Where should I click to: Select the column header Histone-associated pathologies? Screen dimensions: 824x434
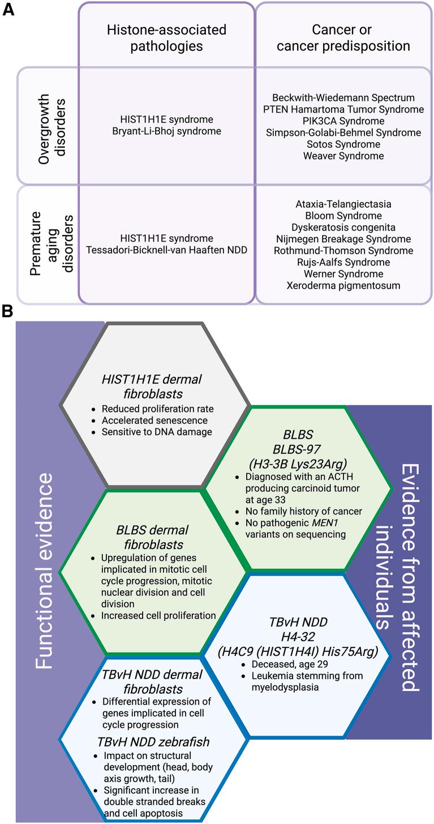166,37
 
